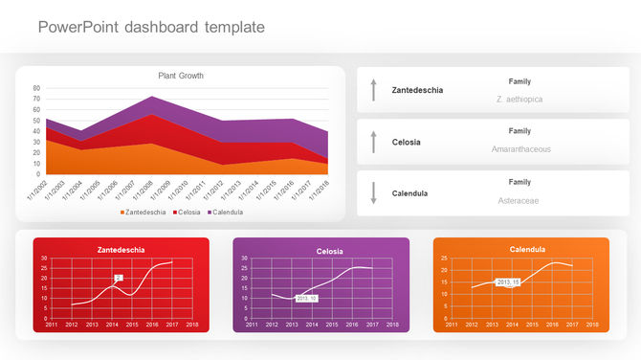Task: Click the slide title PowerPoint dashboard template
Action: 151,27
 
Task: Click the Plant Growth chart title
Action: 181,76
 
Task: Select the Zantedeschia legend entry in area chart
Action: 144,212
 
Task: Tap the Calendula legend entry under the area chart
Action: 225,212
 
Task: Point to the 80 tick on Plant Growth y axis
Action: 36,88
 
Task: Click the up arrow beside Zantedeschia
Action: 374,90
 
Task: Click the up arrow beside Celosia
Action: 374,142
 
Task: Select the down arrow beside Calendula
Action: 374,193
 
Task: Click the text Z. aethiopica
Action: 519,99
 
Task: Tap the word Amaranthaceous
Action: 520,149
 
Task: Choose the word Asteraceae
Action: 519,200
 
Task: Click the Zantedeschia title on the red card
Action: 122,250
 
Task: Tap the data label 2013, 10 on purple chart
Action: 307,299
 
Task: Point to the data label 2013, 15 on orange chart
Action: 508,282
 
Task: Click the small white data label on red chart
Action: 119,278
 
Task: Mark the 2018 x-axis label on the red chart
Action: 192,326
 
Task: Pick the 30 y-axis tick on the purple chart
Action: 245,259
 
